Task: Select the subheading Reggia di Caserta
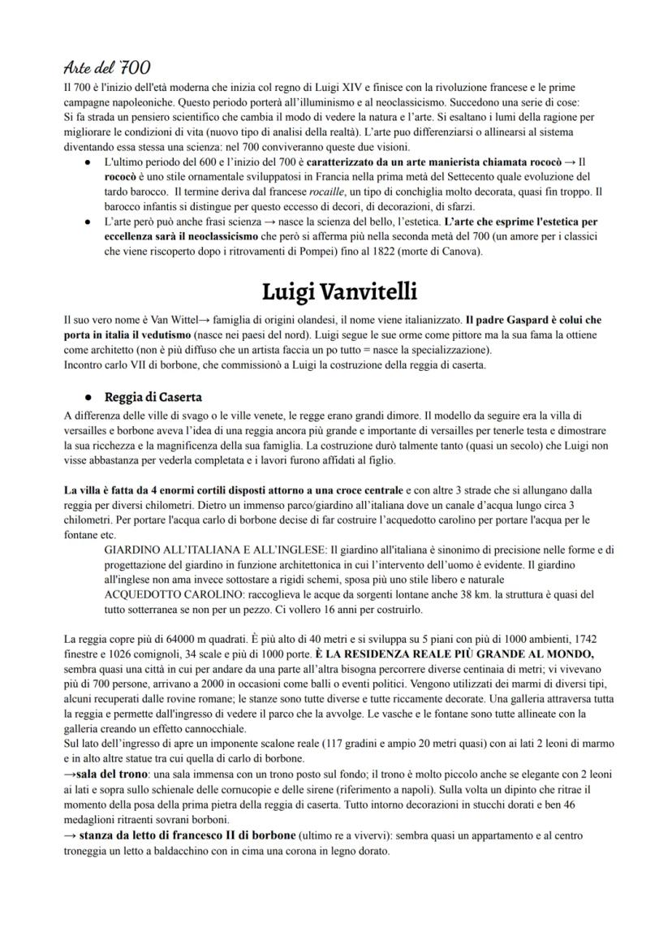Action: (153, 397)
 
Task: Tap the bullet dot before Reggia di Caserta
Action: (88, 398)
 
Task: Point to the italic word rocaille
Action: (312, 192)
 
